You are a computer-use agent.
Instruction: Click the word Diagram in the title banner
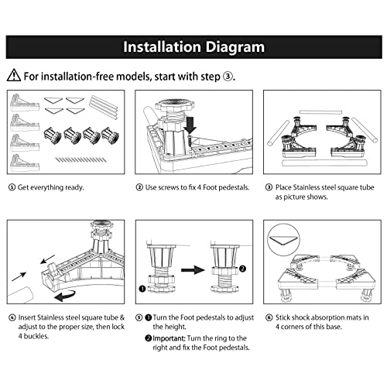pos(235,47)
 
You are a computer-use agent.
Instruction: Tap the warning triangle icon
pos(14,75)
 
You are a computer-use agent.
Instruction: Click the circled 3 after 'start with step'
pos(228,77)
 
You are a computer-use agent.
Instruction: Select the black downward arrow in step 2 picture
pos(190,125)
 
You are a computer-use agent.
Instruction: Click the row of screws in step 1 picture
pos(80,159)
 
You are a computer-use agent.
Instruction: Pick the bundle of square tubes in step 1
pos(104,107)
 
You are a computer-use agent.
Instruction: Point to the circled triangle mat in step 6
pos(283,240)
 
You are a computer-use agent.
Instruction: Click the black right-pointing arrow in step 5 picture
pos(193,270)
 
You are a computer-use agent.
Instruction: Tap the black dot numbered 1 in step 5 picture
pos(142,289)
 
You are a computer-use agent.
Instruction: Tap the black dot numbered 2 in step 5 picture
pos(242,269)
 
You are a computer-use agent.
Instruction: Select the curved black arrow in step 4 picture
pos(65,296)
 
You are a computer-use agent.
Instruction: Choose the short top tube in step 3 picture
pos(320,112)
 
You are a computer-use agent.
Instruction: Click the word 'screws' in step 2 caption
pos(170,187)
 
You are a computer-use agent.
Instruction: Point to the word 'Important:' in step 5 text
pos(169,338)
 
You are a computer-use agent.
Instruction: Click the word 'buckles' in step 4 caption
pos(36,336)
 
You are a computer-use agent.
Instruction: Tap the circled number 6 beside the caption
pos(269,317)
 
